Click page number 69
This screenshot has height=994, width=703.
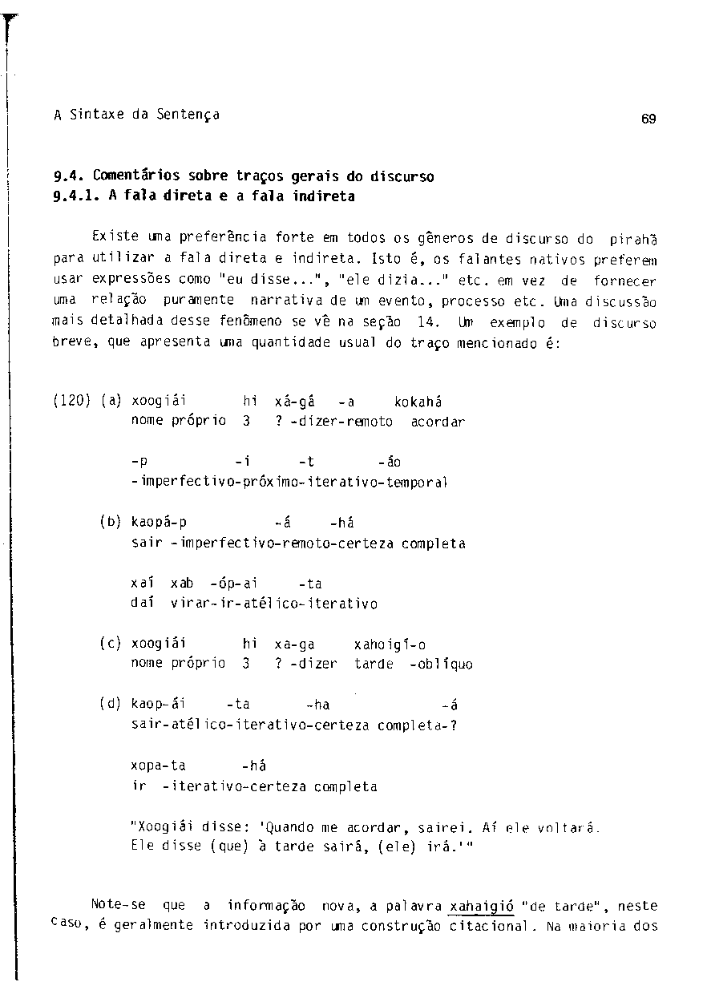coord(648,119)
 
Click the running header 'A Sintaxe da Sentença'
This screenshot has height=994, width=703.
coord(137,115)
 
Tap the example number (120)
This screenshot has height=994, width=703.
coord(72,402)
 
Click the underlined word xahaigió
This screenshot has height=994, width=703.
coord(481,906)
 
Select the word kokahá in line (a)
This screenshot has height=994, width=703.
coord(418,402)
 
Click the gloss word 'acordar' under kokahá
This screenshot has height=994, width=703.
coord(438,421)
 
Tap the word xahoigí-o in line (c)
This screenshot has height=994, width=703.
coord(390,644)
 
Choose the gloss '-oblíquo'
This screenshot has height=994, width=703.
coord(441,664)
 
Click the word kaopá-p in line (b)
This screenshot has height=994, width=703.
coord(159,523)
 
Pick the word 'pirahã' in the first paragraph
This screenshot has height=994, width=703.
coord(632,239)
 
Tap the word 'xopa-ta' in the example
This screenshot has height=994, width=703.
coord(158,766)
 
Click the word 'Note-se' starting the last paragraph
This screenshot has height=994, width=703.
coord(119,905)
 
